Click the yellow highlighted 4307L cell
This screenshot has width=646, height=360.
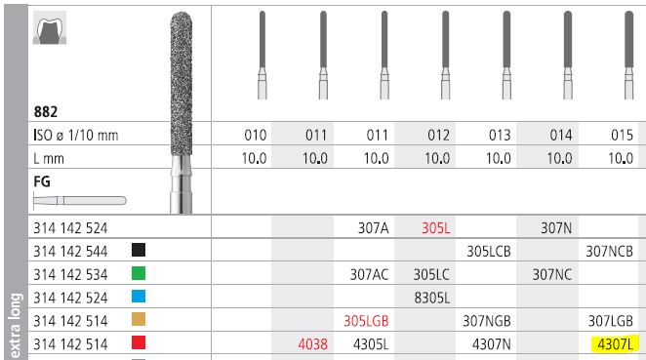click(617, 342)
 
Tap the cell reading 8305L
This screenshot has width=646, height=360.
click(429, 297)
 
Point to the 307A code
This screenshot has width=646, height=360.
click(374, 227)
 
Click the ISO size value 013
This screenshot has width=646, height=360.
click(498, 136)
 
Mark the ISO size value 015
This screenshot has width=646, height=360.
click(621, 136)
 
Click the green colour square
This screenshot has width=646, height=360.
click(139, 274)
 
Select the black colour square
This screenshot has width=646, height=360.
click(139, 251)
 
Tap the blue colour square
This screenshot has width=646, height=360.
click(139, 297)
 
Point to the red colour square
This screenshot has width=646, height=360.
click(139, 343)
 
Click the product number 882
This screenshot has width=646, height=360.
click(44, 113)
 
